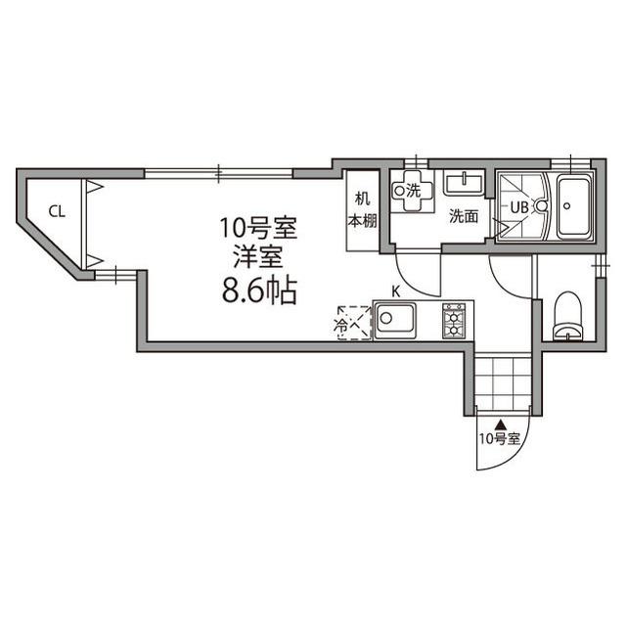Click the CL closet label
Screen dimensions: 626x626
tap(57, 209)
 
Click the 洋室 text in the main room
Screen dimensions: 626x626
tap(257, 258)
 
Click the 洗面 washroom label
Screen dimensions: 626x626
tap(463, 217)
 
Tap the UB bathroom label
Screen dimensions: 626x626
tap(518, 206)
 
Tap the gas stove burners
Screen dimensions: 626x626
tap(454, 320)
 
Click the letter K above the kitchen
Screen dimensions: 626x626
tap(396, 291)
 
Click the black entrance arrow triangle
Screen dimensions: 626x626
tap(501, 425)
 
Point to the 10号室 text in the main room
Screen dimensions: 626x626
tap(257, 231)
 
